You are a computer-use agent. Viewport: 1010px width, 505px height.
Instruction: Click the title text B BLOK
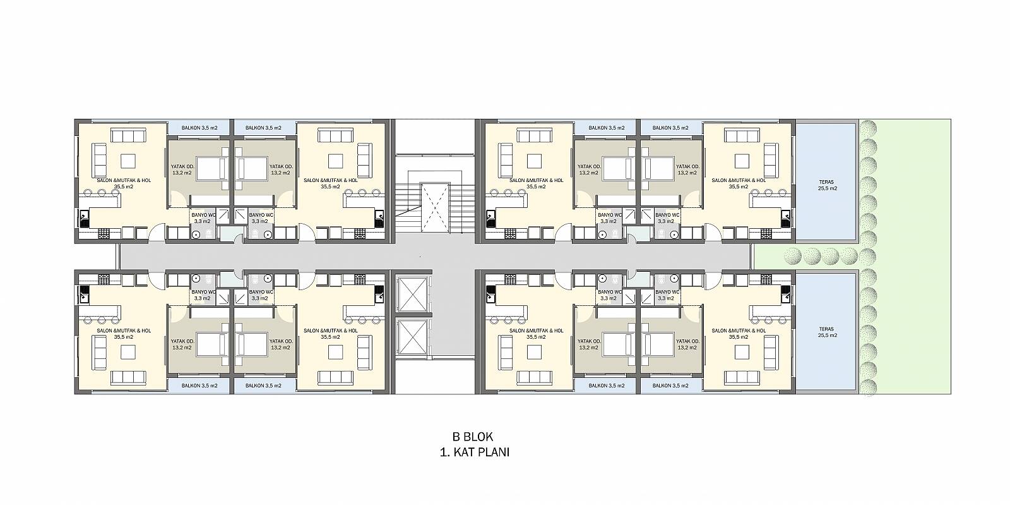point(473,437)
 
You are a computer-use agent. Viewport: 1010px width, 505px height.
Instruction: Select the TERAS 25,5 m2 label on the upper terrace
point(827,185)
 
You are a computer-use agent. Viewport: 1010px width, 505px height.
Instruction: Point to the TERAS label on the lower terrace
point(827,329)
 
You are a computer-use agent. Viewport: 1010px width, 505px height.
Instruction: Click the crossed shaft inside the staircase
point(435,207)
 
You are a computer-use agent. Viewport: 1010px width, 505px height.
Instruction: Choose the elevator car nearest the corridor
point(413,295)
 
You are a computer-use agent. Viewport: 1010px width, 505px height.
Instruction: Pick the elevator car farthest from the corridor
point(413,337)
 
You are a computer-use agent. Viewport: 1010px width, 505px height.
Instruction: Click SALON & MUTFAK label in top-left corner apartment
point(124,181)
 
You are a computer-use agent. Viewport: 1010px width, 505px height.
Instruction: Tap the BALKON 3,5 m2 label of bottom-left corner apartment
point(199,386)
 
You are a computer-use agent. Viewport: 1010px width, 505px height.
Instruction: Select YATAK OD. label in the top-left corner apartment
point(182,166)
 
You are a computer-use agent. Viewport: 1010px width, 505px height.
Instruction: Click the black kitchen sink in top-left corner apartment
point(85,219)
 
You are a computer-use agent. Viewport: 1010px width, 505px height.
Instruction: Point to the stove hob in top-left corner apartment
point(104,234)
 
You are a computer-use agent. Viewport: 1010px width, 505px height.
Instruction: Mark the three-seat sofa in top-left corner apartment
point(129,135)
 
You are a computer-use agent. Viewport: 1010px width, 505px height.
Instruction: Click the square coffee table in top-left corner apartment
point(129,161)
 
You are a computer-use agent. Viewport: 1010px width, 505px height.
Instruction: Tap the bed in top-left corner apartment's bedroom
point(211,169)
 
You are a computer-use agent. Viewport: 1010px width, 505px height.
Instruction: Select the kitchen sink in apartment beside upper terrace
point(785,219)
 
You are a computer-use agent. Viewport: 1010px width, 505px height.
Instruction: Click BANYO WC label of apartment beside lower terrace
point(667,292)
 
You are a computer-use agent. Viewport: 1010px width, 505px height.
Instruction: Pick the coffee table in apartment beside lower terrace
point(742,352)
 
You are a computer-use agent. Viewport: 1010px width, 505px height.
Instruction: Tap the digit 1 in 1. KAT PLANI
point(443,452)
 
